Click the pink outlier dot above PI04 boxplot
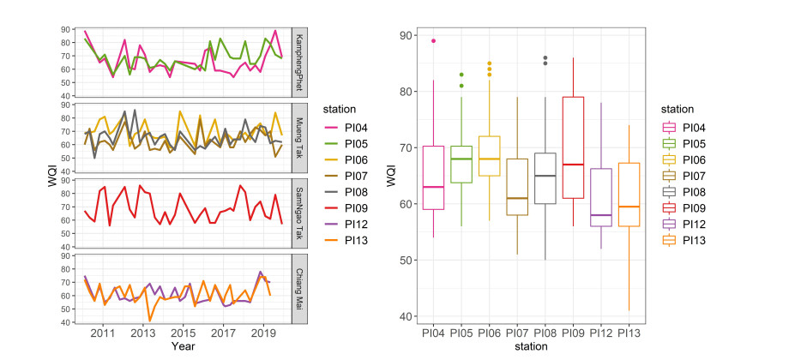click(x=433, y=41)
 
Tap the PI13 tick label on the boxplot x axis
click(x=629, y=332)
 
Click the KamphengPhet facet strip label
click(x=299, y=62)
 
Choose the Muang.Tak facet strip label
click(x=299, y=137)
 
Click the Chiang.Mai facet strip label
click(x=299, y=287)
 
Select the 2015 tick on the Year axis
click(x=183, y=333)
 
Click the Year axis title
click(x=182, y=346)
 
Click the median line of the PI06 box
click(x=490, y=159)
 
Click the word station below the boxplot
click(x=531, y=346)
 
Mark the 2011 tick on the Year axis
click(x=103, y=333)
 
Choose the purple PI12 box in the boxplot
click(x=601, y=197)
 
